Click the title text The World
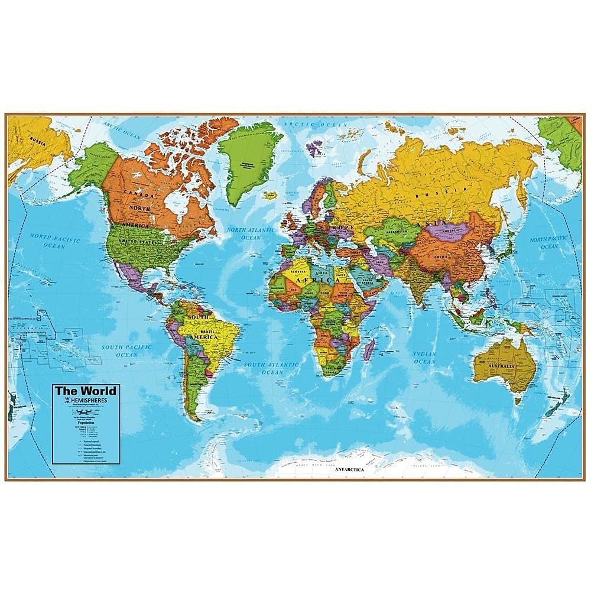tap(86, 391)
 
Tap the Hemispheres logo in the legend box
tap(86, 401)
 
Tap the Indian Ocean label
tap(424, 358)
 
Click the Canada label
tap(137, 192)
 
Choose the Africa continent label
tap(309, 280)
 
